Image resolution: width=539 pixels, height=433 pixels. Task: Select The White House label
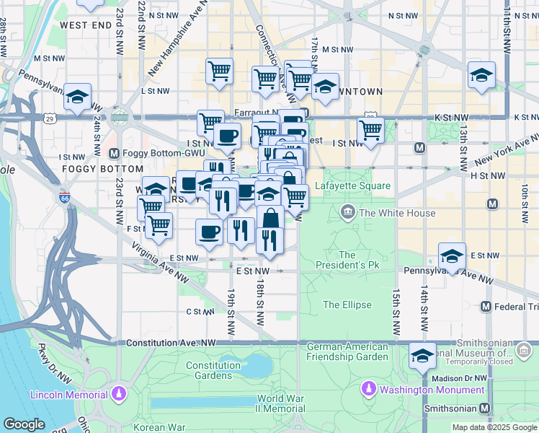click(397, 213)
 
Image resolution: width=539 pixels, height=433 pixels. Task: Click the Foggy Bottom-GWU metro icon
click(113, 153)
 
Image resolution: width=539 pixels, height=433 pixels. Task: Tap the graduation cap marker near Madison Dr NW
click(422, 356)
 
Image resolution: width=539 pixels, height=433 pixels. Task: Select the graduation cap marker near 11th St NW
click(481, 75)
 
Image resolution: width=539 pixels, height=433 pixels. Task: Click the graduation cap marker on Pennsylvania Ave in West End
click(78, 97)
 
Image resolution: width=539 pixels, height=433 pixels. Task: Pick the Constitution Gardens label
click(213, 370)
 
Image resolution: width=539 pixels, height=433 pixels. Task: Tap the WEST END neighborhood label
click(86, 25)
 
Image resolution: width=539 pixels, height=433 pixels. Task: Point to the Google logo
click(24, 424)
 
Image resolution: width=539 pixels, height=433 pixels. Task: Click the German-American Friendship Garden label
click(347, 351)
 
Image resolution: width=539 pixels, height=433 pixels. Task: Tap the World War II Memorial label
click(280, 403)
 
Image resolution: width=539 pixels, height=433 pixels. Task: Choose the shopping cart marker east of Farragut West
click(370, 131)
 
